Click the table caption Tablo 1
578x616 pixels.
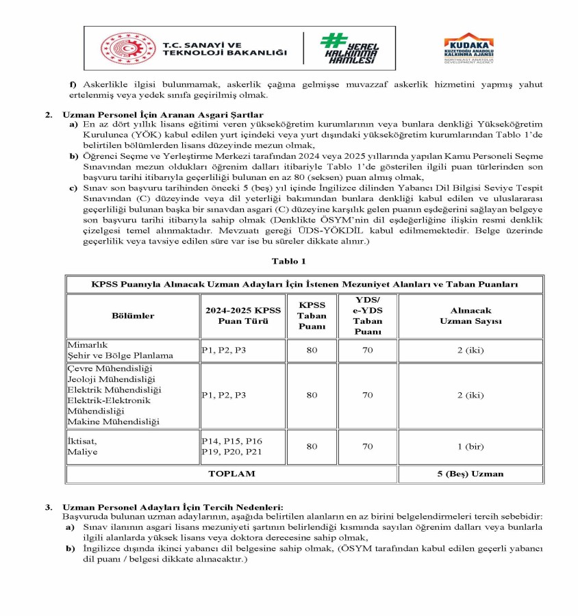pyautogui.click(x=288, y=261)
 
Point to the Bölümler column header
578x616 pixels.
pyautogui.click(x=133, y=316)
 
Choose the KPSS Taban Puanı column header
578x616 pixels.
pyautogui.click(x=312, y=316)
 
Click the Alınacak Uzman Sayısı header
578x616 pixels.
pyautogui.click(x=470, y=316)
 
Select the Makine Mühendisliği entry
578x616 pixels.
pyautogui.click(x=112, y=421)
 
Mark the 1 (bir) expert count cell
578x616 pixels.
pyautogui.click(x=470, y=446)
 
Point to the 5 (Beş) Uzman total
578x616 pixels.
pyautogui.click(x=470, y=473)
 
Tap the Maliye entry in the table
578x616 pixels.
pyautogui.click(x=81, y=452)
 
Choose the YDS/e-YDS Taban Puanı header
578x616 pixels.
pyautogui.click(x=368, y=316)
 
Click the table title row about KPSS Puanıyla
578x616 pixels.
pyautogui.click(x=304, y=283)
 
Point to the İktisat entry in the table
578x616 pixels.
pyautogui.click(x=81, y=441)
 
